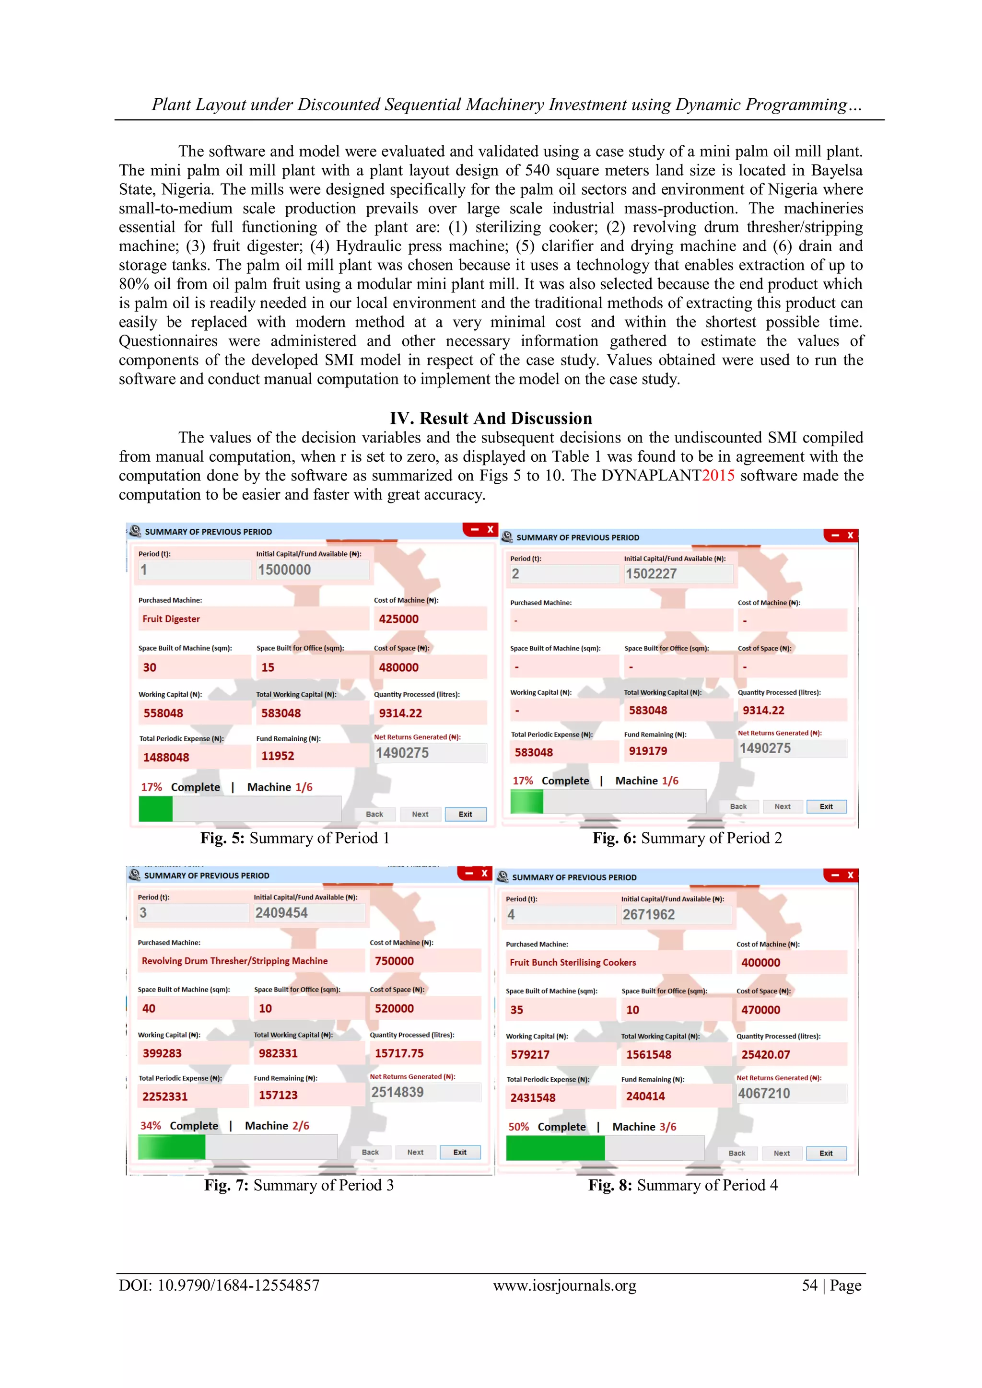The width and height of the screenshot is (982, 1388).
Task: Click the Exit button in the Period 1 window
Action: point(465,814)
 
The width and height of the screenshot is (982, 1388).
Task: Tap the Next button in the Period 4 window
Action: point(781,1153)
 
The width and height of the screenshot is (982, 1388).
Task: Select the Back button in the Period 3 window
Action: point(370,1152)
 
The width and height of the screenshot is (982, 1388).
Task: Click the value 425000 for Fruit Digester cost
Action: point(398,619)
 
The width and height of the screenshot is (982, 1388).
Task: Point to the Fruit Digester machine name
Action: point(171,619)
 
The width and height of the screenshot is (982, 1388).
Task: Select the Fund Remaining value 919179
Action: point(648,751)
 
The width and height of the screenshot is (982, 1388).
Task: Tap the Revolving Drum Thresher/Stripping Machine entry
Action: point(234,961)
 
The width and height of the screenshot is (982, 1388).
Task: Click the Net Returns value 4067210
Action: point(764,1093)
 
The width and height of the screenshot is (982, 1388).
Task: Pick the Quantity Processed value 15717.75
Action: point(399,1053)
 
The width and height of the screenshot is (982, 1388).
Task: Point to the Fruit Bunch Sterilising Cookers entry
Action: point(573,962)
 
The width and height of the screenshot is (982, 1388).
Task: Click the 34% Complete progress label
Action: point(179,1126)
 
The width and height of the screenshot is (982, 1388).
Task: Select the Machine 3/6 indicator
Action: point(644,1127)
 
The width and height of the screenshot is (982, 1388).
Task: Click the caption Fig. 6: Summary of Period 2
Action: point(687,838)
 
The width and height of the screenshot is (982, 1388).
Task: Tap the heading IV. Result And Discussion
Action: point(491,419)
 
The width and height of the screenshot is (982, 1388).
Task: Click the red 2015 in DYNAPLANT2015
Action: point(718,475)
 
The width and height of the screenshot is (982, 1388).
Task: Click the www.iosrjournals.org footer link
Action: point(564,1285)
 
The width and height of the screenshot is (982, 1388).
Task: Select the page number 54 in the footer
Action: point(810,1285)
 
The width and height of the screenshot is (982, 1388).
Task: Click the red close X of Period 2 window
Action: point(850,536)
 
